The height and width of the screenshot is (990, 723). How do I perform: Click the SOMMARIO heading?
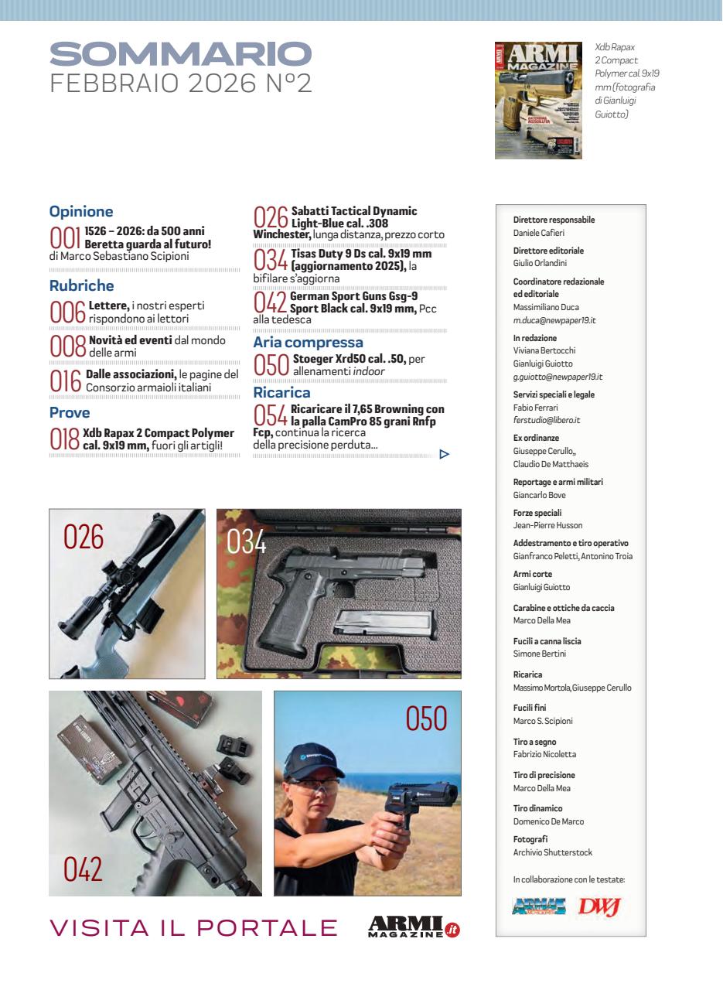[180, 54]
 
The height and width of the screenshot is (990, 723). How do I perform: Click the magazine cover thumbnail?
[538, 101]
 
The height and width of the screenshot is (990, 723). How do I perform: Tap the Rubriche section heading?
[81, 285]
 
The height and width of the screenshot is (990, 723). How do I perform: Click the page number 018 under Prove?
[65, 439]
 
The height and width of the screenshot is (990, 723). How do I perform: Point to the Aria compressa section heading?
[308, 342]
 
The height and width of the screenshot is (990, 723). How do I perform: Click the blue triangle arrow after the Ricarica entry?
[444, 454]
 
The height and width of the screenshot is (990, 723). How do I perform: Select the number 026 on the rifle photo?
[84, 537]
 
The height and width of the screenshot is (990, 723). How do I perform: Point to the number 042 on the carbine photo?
[83, 869]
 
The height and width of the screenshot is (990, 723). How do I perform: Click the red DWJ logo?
[600, 906]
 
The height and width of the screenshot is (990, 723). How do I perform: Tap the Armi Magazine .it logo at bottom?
[414, 927]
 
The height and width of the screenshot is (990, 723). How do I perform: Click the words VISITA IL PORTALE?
[193, 927]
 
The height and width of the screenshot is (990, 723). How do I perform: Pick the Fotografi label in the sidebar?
[530, 839]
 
